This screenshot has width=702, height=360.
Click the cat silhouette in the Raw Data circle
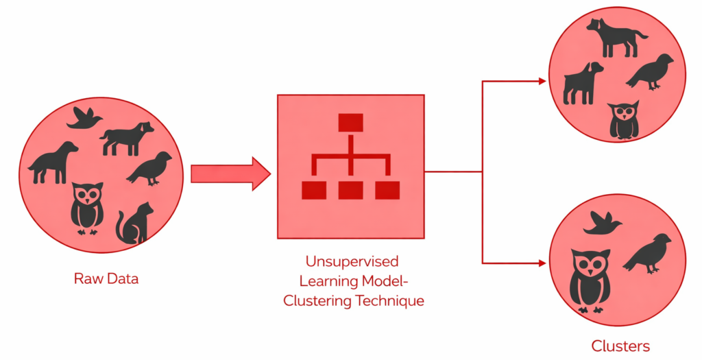(134, 224)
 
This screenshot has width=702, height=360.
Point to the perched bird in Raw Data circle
(150, 169)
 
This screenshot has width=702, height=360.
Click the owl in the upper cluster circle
(623, 121)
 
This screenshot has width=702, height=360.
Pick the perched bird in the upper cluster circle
(651, 71)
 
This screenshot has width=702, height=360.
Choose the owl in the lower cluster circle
(589, 280)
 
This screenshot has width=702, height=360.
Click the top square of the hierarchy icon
(350, 123)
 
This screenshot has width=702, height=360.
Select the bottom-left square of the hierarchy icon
(313, 189)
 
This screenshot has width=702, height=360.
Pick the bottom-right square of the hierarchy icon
(387, 189)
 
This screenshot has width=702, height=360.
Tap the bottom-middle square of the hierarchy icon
(350, 189)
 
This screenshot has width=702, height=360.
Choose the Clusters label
(620, 346)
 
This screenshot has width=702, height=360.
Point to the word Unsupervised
(351, 262)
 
